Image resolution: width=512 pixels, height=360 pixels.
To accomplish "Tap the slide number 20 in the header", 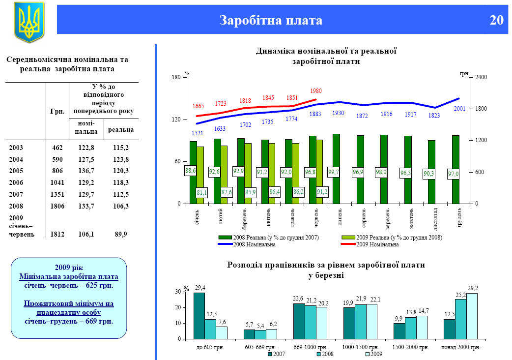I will point(496,20).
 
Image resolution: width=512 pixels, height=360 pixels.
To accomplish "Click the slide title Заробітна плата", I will point(271,20).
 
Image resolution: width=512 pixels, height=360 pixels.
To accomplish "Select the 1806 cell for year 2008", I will point(57,206).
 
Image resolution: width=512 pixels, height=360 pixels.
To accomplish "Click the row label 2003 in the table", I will point(16,147).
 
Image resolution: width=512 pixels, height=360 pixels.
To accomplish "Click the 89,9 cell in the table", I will point(121,234).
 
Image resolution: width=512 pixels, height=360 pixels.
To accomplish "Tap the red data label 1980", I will point(316,91).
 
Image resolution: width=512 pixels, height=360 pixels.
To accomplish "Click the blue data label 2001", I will point(459,109).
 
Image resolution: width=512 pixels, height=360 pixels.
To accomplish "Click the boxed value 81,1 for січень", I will point(201,192).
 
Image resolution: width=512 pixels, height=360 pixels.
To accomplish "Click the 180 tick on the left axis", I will point(176,78).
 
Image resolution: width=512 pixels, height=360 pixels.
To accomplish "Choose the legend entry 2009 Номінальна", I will point(377,244).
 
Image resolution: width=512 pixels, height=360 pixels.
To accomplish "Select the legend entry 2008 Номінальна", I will point(254,244).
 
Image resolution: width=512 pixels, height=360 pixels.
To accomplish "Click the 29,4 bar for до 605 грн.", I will point(199,315).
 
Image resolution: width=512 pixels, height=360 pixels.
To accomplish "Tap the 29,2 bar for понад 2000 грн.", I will point(472,316).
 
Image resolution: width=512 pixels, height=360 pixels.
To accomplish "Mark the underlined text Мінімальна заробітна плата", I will point(68,276).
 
